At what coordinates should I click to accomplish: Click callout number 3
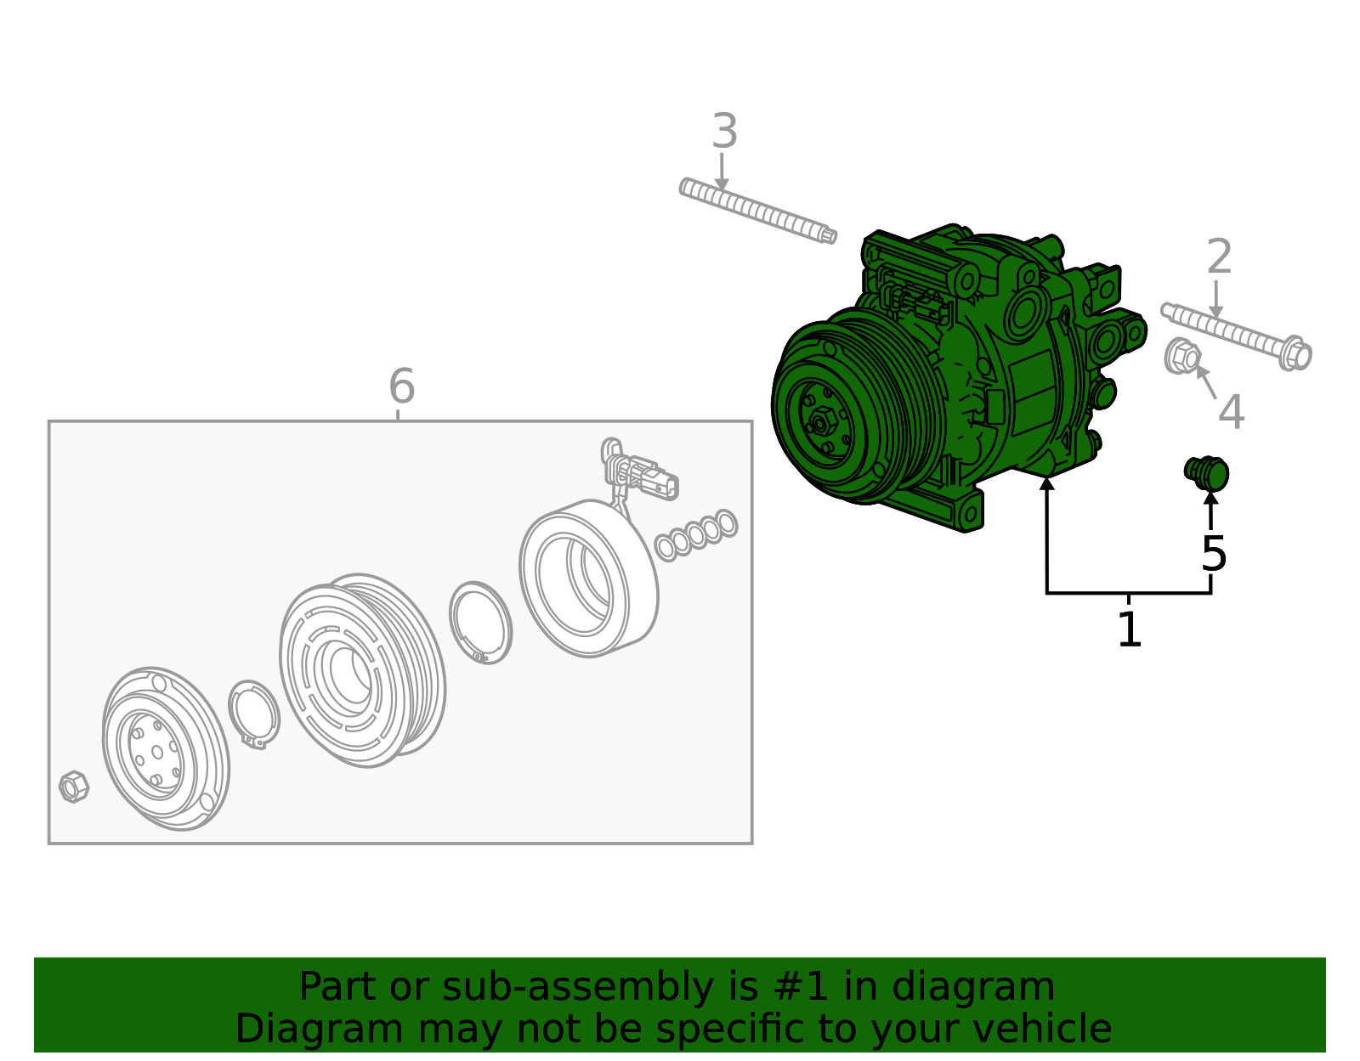click(x=724, y=132)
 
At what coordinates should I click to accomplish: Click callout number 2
click(x=1219, y=257)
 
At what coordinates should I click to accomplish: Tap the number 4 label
click(x=1231, y=413)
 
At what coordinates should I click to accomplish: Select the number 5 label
click(x=1214, y=554)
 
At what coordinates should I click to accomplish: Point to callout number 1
click(x=1129, y=629)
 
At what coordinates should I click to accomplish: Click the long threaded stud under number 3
click(x=756, y=211)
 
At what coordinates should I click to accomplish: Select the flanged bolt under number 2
click(x=1237, y=335)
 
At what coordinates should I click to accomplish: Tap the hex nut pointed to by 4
click(x=1181, y=356)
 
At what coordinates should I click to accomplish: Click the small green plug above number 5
click(x=1207, y=473)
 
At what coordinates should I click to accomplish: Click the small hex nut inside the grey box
click(x=74, y=787)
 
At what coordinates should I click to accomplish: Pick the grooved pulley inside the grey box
click(x=361, y=671)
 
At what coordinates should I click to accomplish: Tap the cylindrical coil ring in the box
click(x=588, y=578)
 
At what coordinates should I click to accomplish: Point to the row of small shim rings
click(x=696, y=534)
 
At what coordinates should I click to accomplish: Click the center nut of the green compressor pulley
click(x=821, y=420)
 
